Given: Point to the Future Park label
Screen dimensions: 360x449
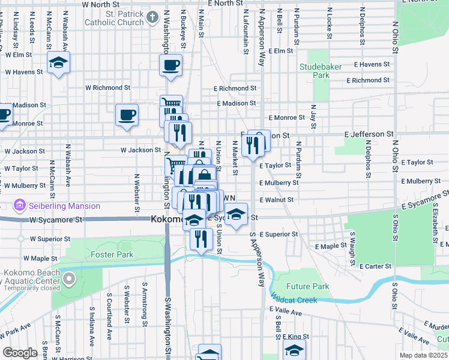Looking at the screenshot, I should (308, 286).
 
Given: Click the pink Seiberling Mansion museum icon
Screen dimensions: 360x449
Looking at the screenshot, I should (20, 206).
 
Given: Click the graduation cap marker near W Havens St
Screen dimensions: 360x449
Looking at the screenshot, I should (58, 62).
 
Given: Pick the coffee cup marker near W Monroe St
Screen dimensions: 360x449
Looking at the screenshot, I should (127, 115).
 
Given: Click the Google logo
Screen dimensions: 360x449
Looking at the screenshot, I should (20, 353).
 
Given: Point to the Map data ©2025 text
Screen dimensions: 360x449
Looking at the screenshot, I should (423, 355).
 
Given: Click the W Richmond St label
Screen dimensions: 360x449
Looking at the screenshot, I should (107, 88).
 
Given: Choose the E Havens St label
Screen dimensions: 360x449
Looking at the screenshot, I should (372, 65).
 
